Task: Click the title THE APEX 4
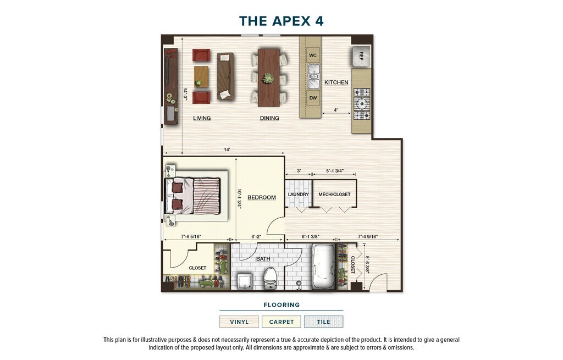coord(281,21)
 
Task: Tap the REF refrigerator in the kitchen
coord(361,56)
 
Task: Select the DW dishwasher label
coord(313,98)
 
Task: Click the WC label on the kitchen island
coord(313,56)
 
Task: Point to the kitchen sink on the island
coord(313,76)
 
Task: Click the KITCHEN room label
coord(336,82)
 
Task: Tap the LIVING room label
coord(202,118)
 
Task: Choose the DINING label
coord(269,118)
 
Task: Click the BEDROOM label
coord(262,197)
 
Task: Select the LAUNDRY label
coord(299,194)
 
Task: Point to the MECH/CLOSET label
coord(334,194)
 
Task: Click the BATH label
coord(263,259)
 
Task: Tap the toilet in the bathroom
coord(269,278)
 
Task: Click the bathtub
coord(323,267)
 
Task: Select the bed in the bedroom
coord(192,196)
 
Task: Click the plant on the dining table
coord(268,78)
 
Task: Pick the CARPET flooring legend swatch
coord(281,322)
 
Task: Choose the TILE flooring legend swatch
coord(323,322)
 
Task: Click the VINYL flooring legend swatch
coord(239,322)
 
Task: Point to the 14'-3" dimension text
coord(186,94)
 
